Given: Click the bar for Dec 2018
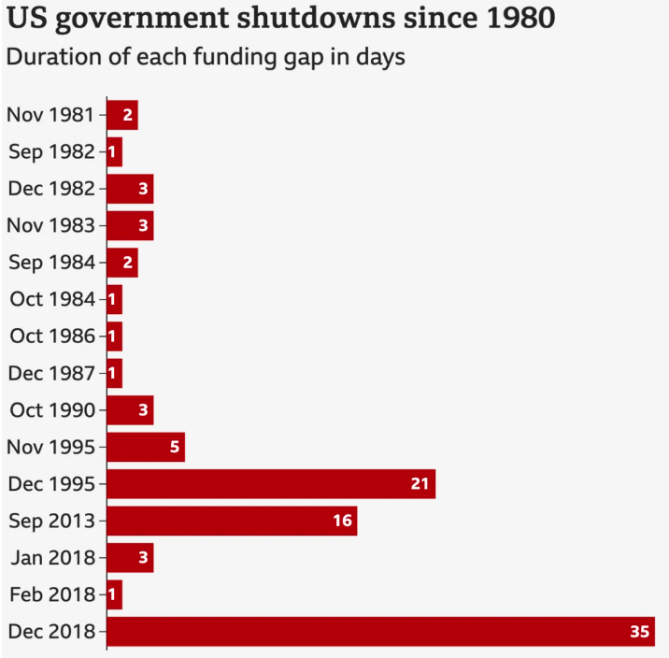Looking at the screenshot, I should (x=380, y=632).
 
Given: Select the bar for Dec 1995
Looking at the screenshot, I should (x=271, y=484).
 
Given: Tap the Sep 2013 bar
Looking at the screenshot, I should (x=232, y=521).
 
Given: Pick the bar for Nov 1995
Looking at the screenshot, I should (x=146, y=447).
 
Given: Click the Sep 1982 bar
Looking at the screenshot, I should (x=115, y=151).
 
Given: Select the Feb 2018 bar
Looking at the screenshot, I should (x=115, y=594).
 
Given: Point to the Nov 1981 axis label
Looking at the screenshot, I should (x=50, y=115).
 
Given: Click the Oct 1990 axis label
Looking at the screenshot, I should (x=52, y=410).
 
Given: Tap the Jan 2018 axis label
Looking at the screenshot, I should (x=53, y=558).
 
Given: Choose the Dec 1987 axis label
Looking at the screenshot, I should (x=51, y=373).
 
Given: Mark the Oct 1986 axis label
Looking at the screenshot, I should (x=52, y=336).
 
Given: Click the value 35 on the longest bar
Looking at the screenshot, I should (x=639, y=632).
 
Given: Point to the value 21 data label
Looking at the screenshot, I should (x=420, y=484).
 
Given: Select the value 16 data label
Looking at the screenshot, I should (x=342, y=521).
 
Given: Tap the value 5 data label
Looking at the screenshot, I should (x=174, y=447).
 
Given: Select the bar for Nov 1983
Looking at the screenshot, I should (x=130, y=225).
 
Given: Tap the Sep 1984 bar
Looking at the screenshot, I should (x=122, y=263).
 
